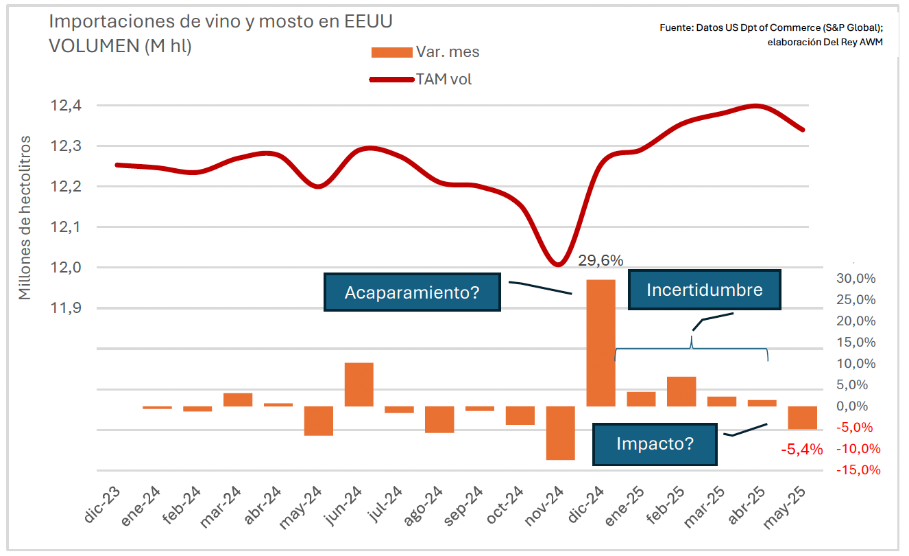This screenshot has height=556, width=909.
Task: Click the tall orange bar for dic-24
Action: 601,343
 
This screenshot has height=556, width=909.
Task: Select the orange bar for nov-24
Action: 560,432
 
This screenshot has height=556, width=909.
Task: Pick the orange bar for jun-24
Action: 359,384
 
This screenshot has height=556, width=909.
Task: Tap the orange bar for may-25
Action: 802,417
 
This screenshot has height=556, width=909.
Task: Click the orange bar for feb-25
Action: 681,391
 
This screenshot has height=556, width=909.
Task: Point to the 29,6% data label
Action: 601,261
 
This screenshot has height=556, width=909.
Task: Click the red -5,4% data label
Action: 802,450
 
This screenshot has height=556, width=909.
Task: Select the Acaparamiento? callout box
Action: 412,292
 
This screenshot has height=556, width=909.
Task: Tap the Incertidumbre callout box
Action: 705,290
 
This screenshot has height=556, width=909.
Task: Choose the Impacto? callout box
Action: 655,443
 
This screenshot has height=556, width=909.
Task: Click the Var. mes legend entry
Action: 425,52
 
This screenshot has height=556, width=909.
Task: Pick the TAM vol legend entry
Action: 421,80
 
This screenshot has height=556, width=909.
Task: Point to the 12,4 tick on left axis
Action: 65,106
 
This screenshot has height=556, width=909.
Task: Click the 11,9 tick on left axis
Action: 65,308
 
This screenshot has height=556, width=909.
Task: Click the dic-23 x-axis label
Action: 103,507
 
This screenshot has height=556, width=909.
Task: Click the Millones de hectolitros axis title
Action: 25,218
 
